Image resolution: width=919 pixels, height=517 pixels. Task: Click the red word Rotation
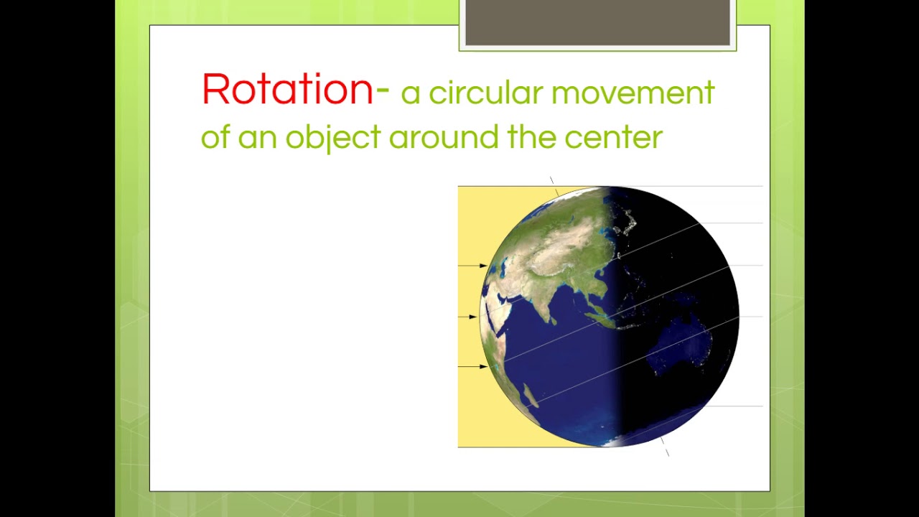click(287, 90)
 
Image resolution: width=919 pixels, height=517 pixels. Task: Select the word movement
click(633, 93)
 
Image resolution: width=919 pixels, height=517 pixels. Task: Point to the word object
click(332, 136)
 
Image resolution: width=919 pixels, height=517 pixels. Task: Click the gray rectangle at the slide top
click(597, 23)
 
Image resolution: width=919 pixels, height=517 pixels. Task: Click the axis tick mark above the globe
click(552, 181)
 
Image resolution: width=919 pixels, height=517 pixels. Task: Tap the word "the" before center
click(533, 136)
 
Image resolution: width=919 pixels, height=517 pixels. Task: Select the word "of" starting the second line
click(214, 136)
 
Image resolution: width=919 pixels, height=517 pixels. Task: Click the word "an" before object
click(257, 138)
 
